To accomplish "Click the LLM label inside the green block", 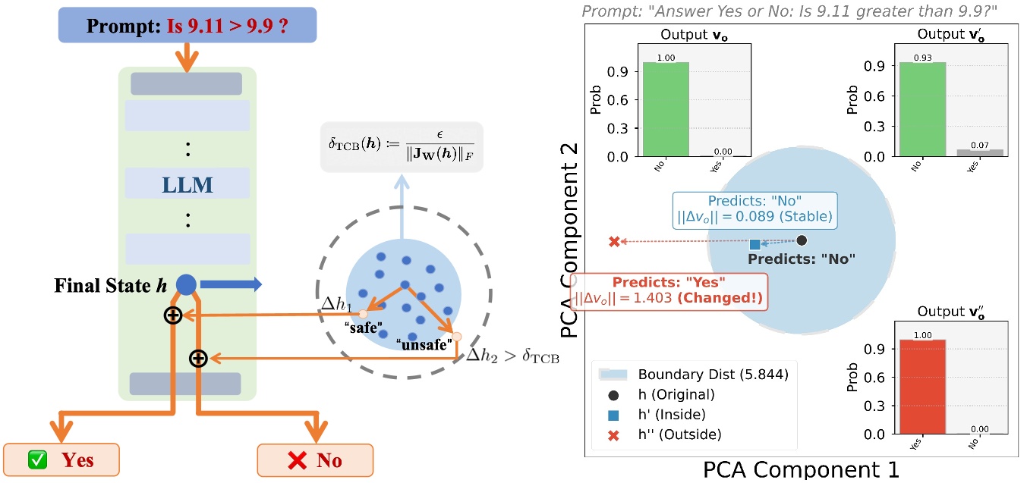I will (187, 184).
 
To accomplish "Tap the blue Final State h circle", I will (186, 285).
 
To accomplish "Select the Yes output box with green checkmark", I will (61, 459).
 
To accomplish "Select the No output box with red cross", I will (315, 459).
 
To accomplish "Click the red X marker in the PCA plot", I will (614, 242).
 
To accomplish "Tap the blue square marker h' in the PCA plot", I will (754, 244).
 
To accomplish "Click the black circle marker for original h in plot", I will (802, 240).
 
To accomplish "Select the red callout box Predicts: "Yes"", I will (676, 291).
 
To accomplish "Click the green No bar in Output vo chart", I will (666, 109).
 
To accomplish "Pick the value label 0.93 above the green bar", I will (922, 57).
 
